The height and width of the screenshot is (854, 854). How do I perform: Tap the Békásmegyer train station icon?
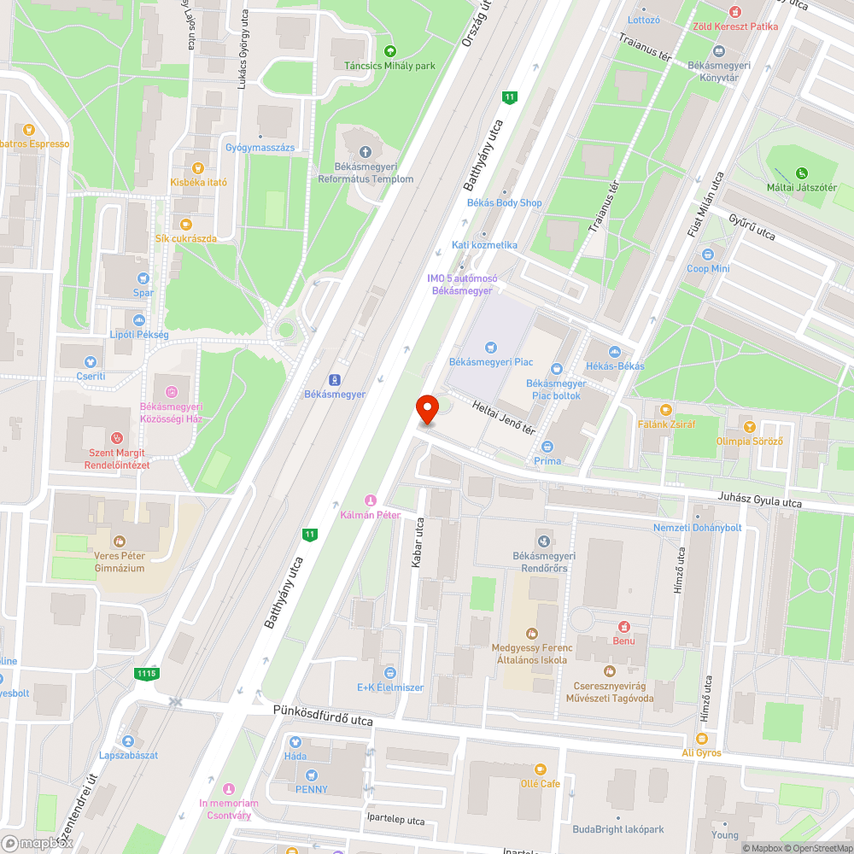[x=335, y=379]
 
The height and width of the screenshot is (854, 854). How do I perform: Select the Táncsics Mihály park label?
[x=389, y=65]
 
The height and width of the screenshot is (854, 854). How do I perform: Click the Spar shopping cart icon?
[x=143, y=278]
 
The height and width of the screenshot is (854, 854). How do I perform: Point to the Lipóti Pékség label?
[x=139, y=334]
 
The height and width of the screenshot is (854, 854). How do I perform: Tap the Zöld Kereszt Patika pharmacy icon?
[x=735, y=11]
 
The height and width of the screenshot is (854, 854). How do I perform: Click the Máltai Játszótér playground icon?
[x=800, y=173]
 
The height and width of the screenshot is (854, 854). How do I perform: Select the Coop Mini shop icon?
[x=708, y=254]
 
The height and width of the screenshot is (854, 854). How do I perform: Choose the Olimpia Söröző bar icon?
[x=749, y=426]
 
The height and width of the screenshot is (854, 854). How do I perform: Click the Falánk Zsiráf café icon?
[x=667, y=409]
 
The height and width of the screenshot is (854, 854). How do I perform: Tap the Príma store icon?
[x=547, y=446]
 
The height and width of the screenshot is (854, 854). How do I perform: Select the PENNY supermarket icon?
[x=311, y=775]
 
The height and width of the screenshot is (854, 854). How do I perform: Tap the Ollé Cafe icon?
[x=540, y=769]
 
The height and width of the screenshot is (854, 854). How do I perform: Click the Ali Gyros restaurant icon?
[x=701, y=739]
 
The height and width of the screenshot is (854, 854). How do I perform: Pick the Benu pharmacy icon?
[x=623, y=626]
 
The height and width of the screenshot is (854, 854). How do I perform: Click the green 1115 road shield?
[x=146, y=674]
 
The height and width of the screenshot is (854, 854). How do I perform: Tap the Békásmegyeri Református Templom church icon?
[x=366, y=152]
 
